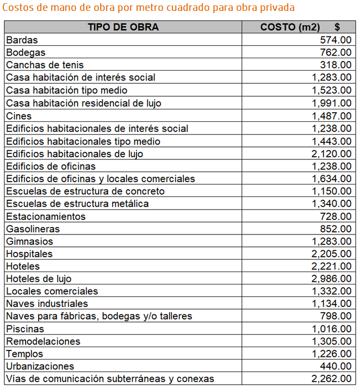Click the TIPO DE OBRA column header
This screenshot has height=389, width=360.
(x=123, y=27)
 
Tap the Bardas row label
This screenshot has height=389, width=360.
(x=22, y=40)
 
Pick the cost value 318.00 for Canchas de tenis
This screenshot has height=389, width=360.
(x=336, y=65)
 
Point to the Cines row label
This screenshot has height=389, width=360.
(x=19, y=116)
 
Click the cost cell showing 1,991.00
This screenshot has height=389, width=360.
(x=332, y=103)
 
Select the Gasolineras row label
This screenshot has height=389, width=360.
(x=33, y=229)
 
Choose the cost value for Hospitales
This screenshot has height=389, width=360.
(x=332, y=254)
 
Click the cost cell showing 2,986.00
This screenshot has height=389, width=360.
(x=332, y=279)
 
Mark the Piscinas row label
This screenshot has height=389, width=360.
(x=25, y=329)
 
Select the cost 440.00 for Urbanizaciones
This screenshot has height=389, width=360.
(x=336, y=366)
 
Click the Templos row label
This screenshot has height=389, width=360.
(x=24, y=354)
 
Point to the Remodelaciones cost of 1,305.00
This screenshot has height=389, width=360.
(x=332, y=342)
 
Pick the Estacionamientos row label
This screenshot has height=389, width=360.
(x=46, y=217)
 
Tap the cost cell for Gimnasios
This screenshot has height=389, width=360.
(x=332, y=242)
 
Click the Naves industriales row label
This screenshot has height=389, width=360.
(x=47, y=304)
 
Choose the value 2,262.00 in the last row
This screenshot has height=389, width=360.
(x=332, y=379)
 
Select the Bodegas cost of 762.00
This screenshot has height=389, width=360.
(x=336, y=52)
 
